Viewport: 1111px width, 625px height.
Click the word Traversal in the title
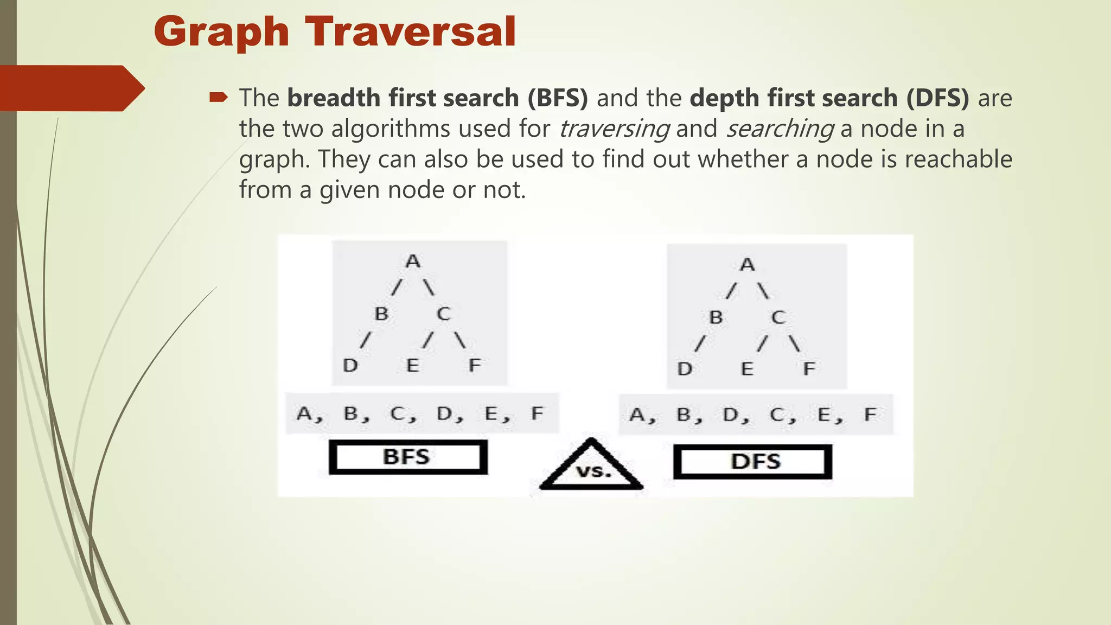coord(411,31)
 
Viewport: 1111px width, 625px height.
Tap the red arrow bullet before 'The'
coord(218,98)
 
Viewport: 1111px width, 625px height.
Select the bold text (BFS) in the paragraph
coord(557,98)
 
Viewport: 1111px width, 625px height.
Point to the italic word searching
coord(780,129)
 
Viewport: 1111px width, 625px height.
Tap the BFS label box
coord(407,457)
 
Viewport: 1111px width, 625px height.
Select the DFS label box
coord(752,462)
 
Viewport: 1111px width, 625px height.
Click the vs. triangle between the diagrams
coord(592,468)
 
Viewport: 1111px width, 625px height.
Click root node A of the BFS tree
coord(413,261)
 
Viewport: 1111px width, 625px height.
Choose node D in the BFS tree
coord(350,365)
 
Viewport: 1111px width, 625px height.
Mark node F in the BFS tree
coord(475,365)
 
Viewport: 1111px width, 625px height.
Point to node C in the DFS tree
coord(778,317)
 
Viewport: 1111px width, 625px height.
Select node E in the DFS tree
coord(747,369)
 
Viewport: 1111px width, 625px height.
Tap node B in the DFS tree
coord(716,317)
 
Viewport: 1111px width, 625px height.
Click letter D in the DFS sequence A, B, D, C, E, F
coord(731,415)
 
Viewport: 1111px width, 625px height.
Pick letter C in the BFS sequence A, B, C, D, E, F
coord(398,414)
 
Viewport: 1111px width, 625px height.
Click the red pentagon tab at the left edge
coord(71,88)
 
